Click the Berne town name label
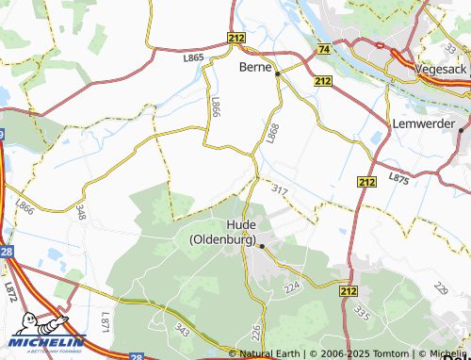tap(255, 67)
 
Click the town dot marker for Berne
tap(277, 72)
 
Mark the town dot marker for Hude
tap(263, 247)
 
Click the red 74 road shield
tap(324, 48)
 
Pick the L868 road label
tap(273, 134)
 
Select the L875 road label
tap(398, 177)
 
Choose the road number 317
tap(280, 191)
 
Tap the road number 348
tap(81, 212)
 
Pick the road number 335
tap(361, 313)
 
